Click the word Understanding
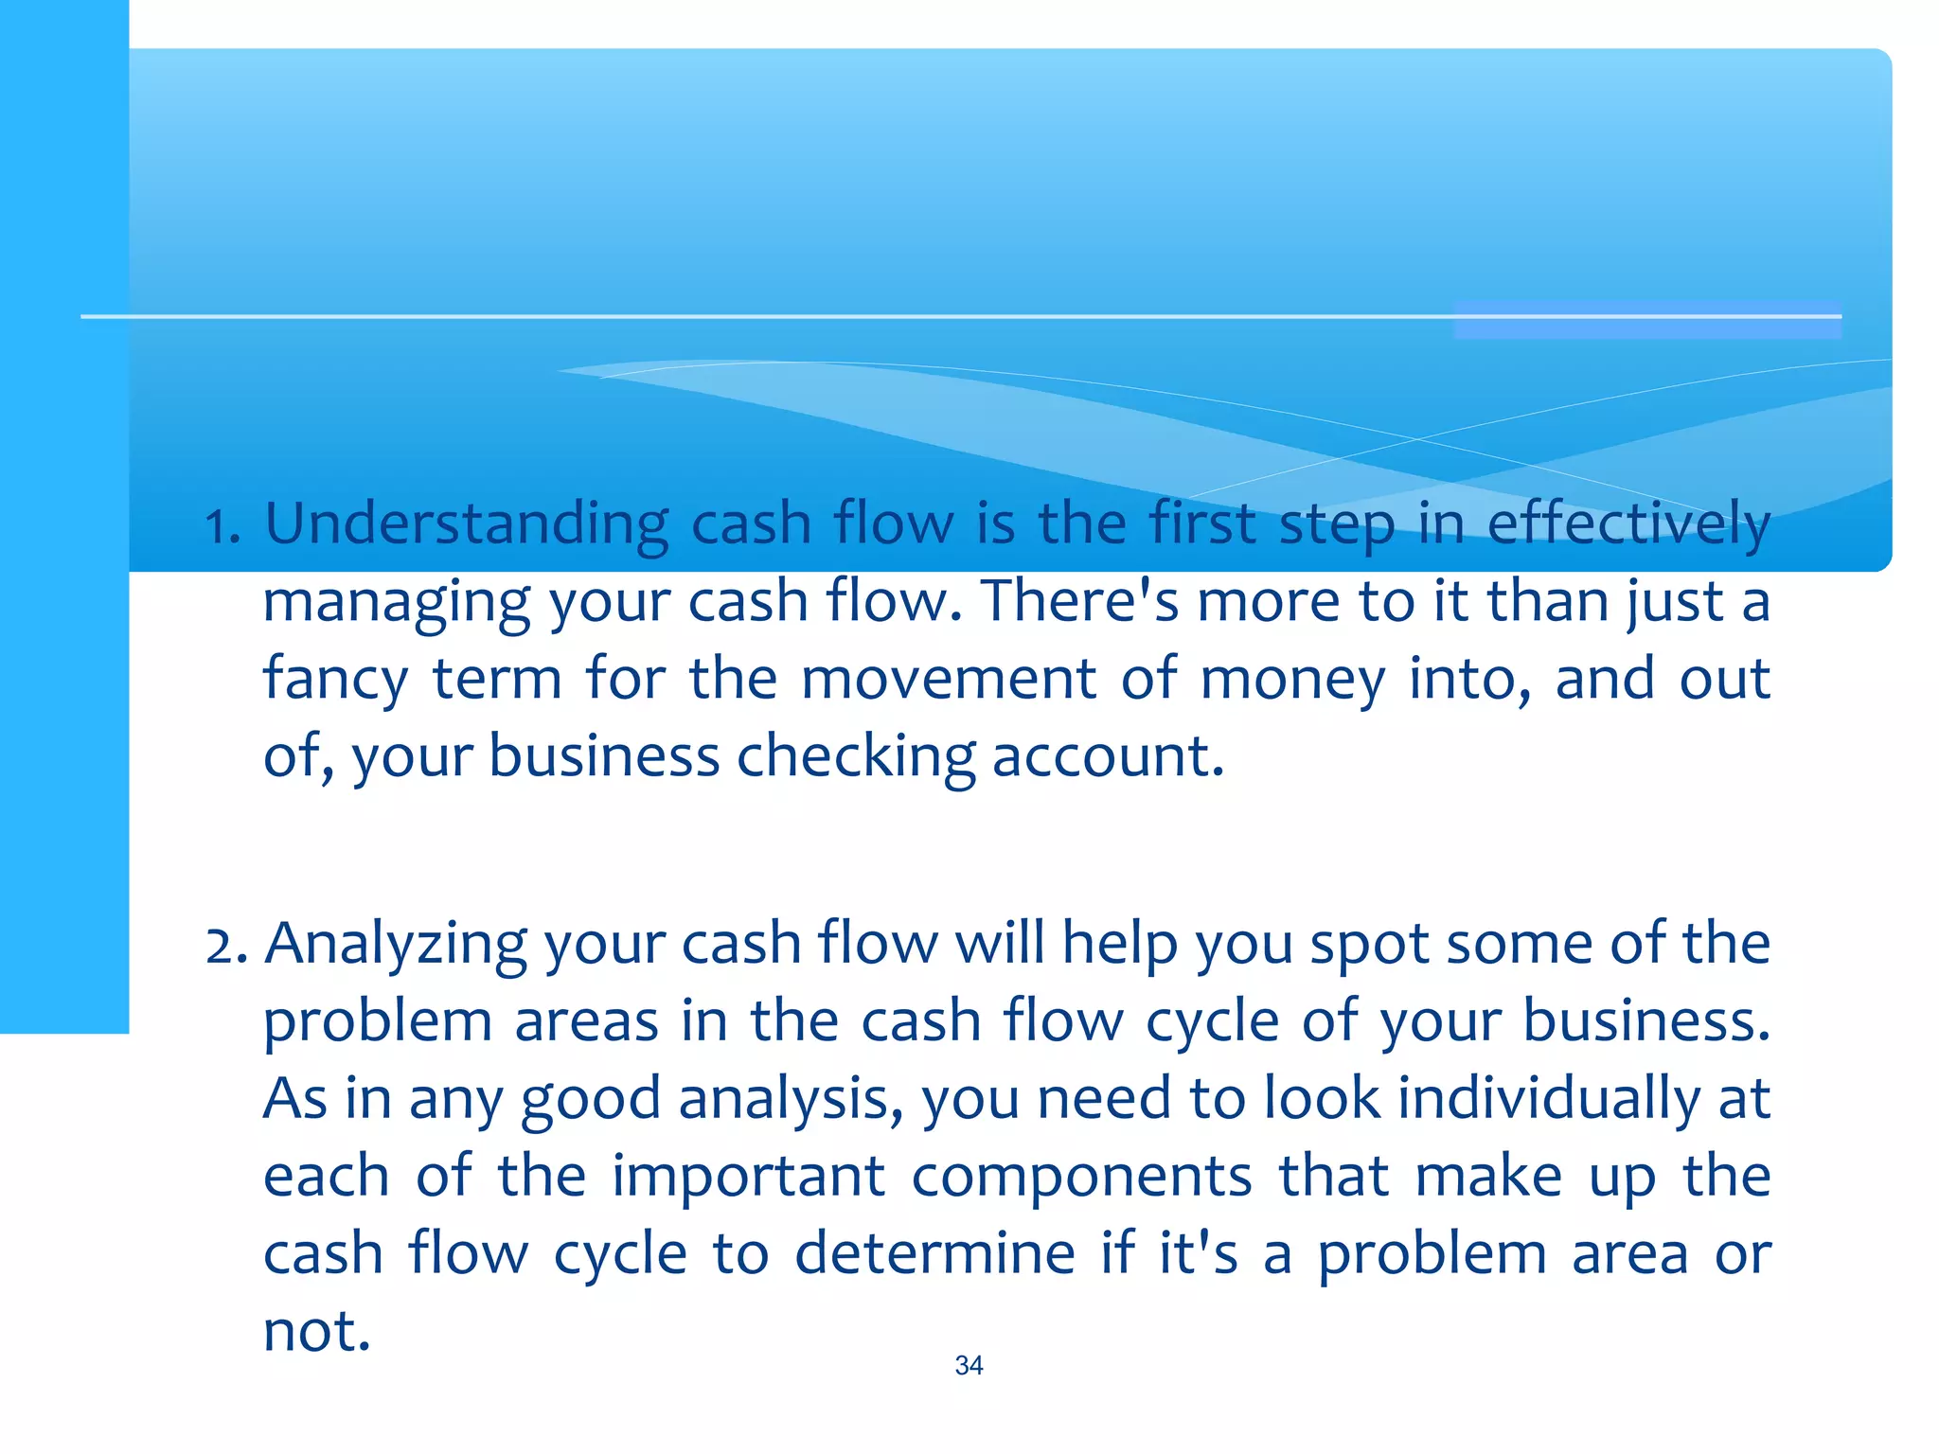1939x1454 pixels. click(466, 524)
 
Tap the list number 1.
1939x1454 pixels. click(222, 527)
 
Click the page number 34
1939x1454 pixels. click(969, 1366)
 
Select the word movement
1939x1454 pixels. click(949, 679)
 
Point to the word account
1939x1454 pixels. click(1108, 757)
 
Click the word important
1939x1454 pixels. click(748, 1177)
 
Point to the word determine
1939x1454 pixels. click(934, 1254)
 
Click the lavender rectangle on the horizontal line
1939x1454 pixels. click(1647, 319)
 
